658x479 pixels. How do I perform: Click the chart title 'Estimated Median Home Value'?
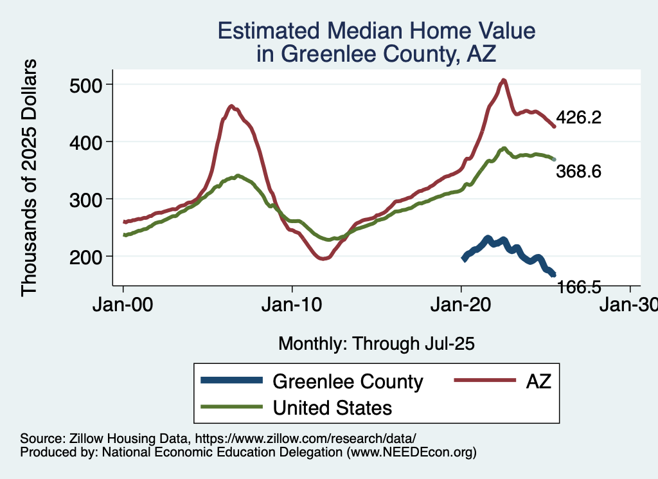(377, 31)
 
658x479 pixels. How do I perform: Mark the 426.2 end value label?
(578, 118)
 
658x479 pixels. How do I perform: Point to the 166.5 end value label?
(578, 287)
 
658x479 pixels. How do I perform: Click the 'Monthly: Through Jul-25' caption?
(377, 344)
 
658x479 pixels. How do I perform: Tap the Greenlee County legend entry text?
(348, 381)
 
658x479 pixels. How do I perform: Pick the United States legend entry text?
(333, 407)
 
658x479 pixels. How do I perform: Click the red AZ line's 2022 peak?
(504, 80)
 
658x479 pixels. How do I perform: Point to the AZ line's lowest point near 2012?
(323, 258)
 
